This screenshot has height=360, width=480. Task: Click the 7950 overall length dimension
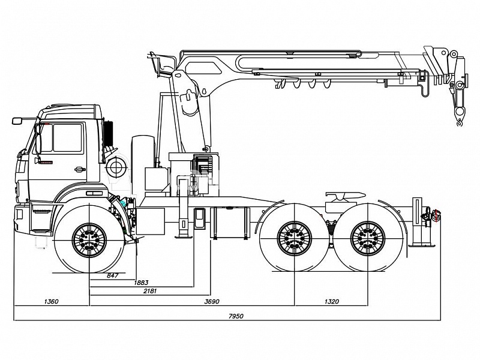[x=236, y=316]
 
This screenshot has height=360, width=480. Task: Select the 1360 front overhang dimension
[x=51, y=302]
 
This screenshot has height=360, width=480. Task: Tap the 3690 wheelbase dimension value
[x=212, y=302]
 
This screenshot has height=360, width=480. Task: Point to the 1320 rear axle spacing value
[x=332, y=302]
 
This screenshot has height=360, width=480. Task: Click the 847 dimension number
[x=112, y=275]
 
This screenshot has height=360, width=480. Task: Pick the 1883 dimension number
[x=141, y=283]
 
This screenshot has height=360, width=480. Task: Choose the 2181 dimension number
[x=150, y=291]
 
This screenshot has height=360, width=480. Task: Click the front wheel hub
[x=89, y=240]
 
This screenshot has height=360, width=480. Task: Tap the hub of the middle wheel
[x=294, y=238]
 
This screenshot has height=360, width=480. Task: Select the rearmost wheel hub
[x=368, y=238]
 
